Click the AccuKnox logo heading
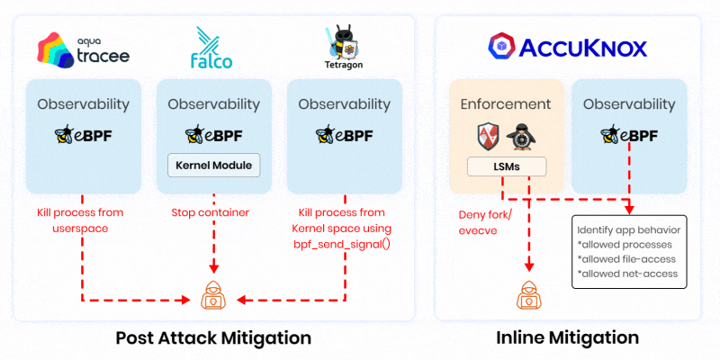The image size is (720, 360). tap(555, 46)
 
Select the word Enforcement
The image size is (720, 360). tap(506, 104)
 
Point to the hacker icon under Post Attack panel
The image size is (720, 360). tap(213, 297)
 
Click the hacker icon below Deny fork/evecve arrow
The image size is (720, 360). tap(526, 296)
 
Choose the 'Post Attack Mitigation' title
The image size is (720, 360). tap(212, 338)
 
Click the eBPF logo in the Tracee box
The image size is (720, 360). tap(84, 136)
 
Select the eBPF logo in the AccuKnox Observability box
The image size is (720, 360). tap(629, 136)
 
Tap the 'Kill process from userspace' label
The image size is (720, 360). tap(82, 220)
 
